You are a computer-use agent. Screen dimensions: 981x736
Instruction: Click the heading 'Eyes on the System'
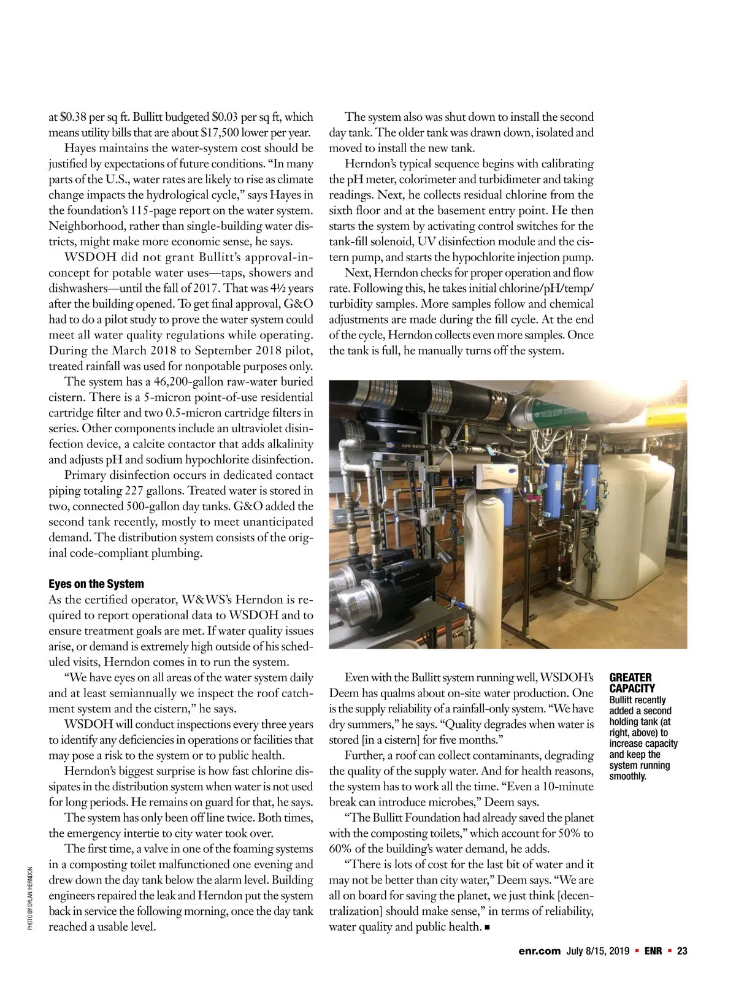(x=96, y=584)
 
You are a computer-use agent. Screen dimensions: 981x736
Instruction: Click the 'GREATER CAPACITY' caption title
(x=632, y=682)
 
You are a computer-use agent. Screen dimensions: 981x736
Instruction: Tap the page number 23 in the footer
(x=682, y=951)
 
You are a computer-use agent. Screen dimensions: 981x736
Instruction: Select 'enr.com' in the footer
(x=539, y=951)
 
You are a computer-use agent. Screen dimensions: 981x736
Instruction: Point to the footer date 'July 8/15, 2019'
(x=598, y=951)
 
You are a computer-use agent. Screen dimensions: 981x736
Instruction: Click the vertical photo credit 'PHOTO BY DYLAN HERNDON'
(x=30, y=898)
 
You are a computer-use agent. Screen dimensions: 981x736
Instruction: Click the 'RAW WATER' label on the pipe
(x=413, y=446)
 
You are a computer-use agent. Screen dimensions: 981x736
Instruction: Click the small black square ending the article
(x=486, y=927)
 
